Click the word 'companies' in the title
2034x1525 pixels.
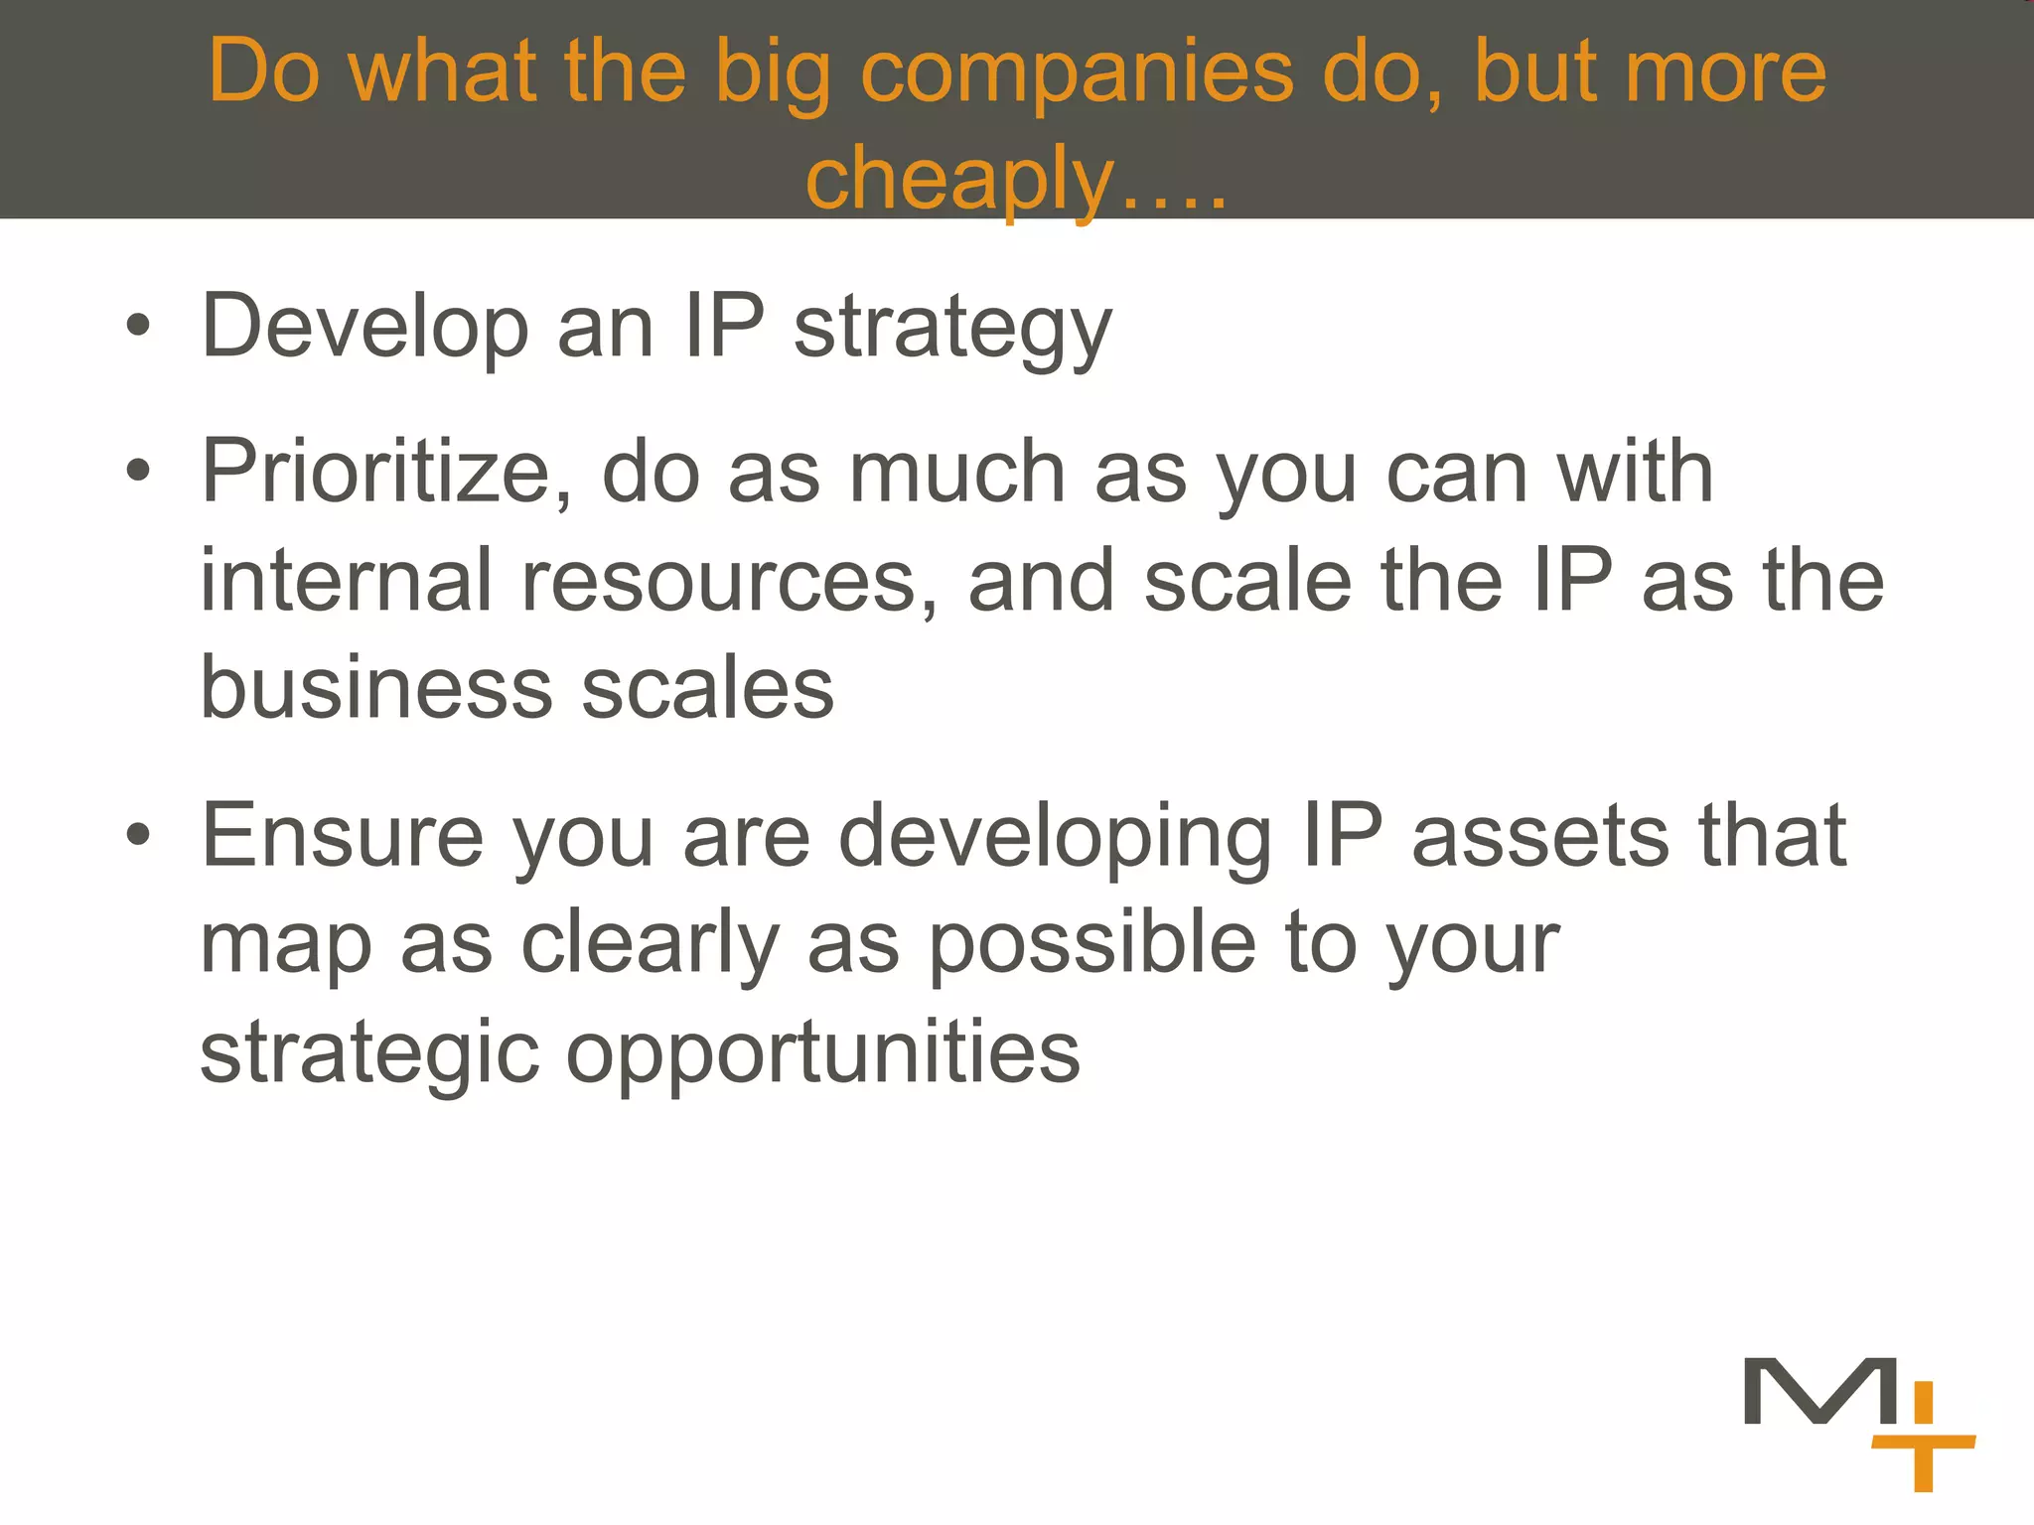point(1077,71)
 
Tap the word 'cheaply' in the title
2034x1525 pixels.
point(960,179)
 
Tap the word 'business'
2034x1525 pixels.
point(375,687)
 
